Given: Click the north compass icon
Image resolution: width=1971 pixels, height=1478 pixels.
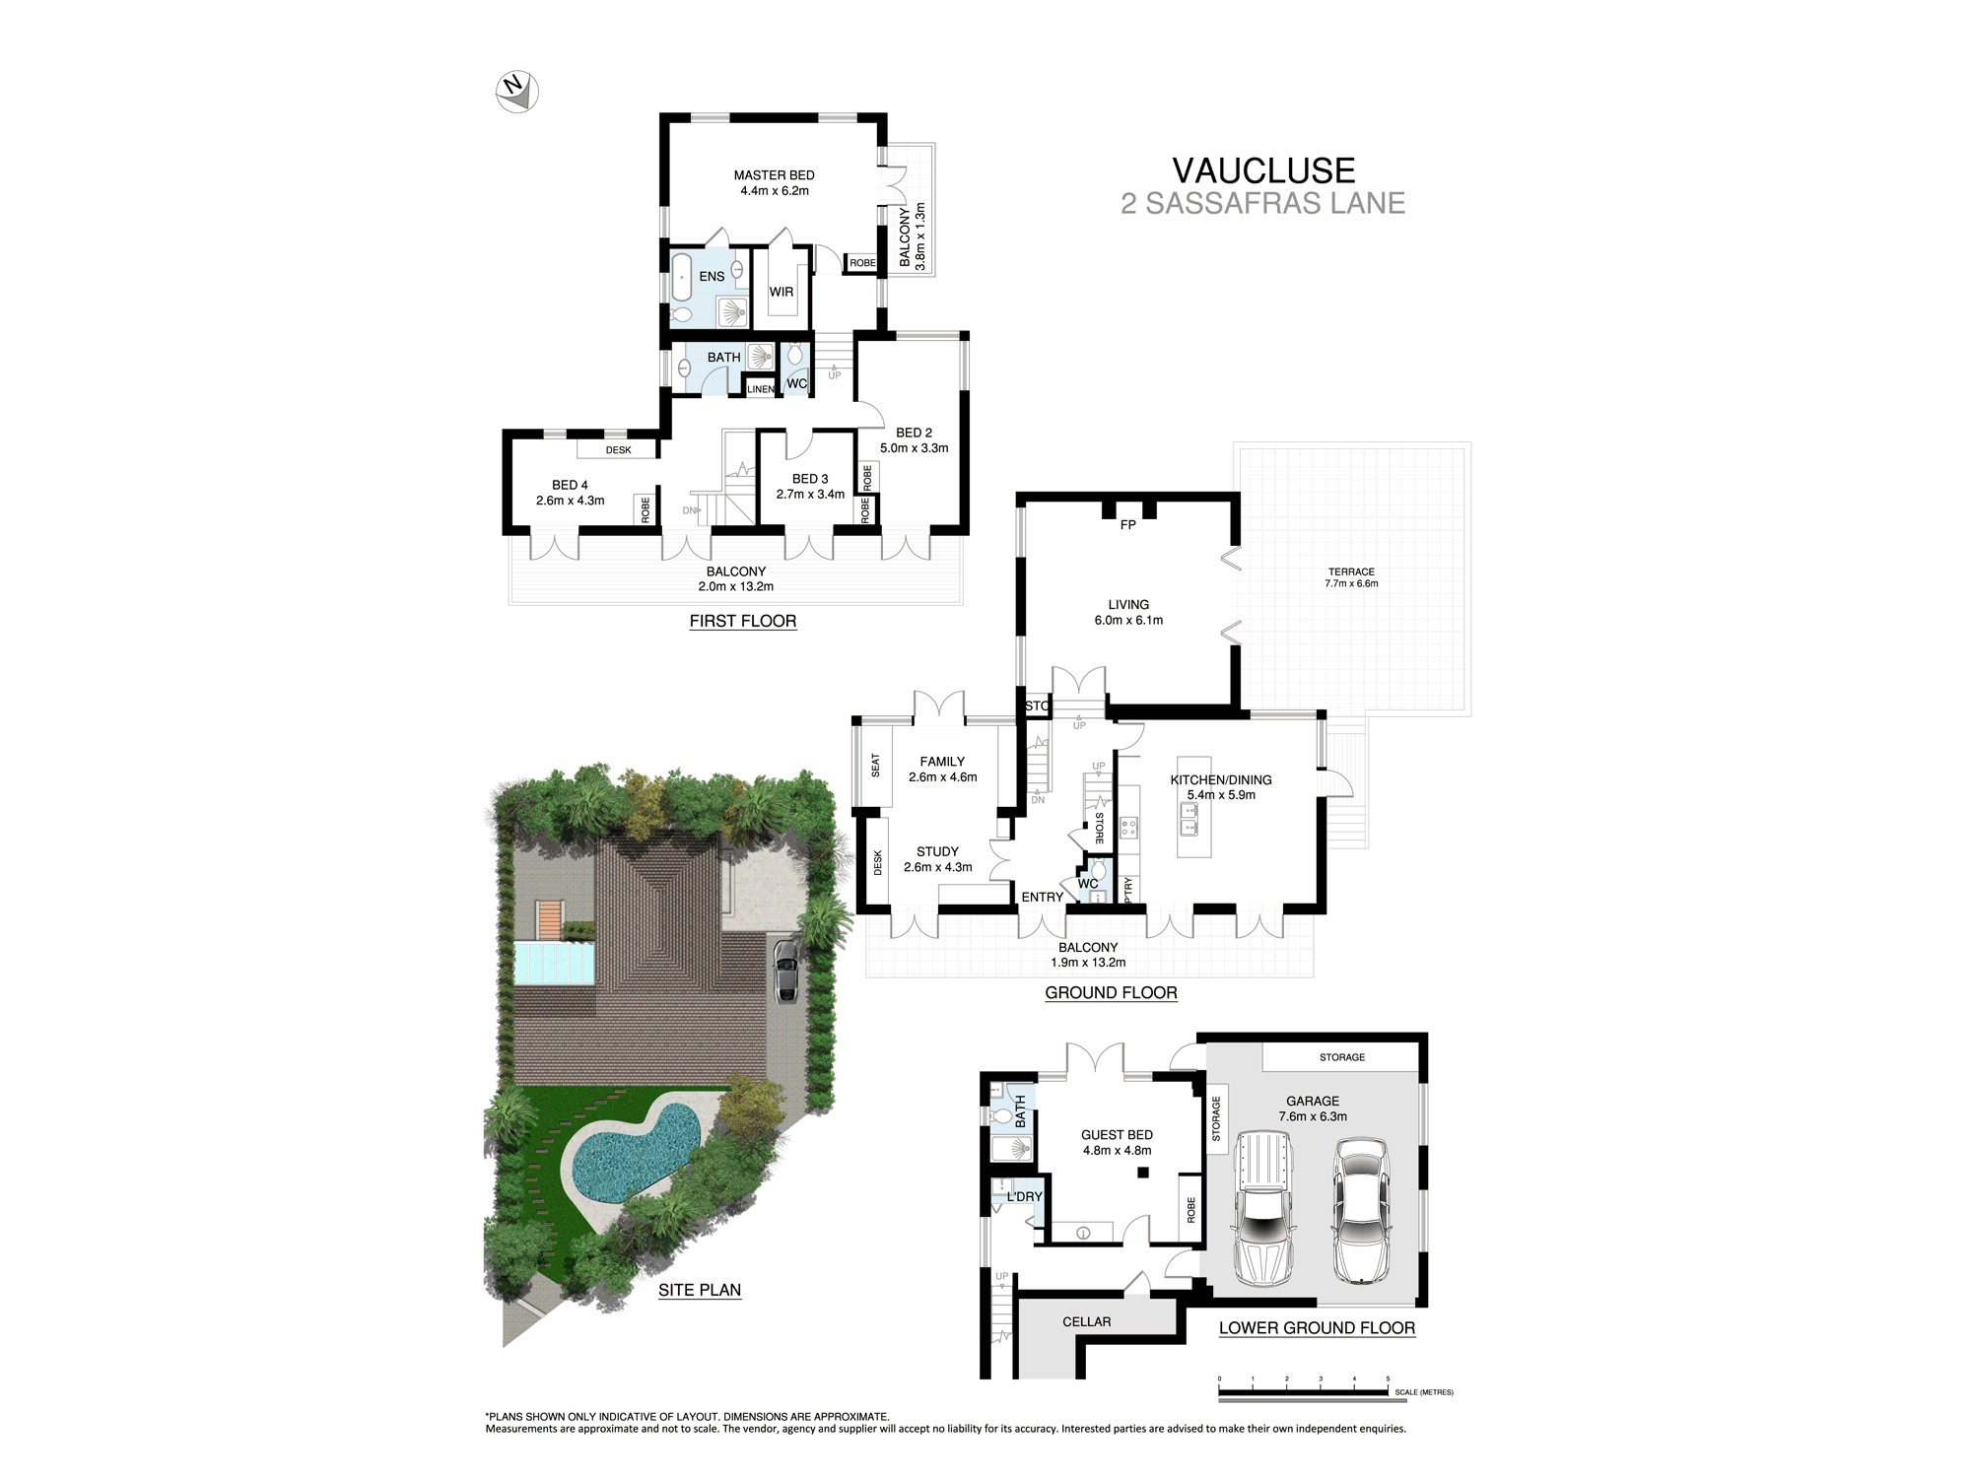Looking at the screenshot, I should (x=517, y=92).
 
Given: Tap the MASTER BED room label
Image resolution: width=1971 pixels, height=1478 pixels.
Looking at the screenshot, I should (x=774, y=175).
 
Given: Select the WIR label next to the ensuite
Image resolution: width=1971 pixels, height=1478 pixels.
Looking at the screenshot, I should (x=782, y=292).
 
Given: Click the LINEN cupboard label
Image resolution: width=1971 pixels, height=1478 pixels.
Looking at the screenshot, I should (x=760, y=389).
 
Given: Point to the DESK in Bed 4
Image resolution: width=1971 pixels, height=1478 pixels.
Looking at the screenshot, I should (x=618, y=450).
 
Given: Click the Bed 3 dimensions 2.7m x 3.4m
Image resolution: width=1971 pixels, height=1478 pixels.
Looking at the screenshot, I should (x=810, y=495).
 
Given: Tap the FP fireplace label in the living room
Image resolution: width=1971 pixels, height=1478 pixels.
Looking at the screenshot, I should (x=1127, y=525).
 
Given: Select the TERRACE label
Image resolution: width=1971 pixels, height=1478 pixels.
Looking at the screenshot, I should (x=1351, y=571).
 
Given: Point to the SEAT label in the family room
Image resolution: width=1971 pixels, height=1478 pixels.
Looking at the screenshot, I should (x=875, y=766).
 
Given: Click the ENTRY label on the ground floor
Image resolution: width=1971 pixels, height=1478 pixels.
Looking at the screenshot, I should (x=1042, y=897).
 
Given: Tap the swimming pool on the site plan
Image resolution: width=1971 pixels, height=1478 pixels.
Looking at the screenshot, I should (x=631, y=1153).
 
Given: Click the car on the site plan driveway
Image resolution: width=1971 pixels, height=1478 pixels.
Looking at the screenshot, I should (x=785, y=972).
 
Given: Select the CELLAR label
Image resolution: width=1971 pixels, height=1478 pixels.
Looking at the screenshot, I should (x=1086, y=1322).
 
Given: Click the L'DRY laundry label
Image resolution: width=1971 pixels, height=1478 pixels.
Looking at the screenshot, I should (x=1024, y=1196).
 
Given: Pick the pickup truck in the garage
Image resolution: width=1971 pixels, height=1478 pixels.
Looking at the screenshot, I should (x=1260, y=1209).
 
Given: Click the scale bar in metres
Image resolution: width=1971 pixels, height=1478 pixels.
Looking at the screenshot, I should (x=1304, y=1393).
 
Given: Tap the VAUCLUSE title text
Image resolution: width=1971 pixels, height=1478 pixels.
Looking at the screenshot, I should (x=1263, y=170).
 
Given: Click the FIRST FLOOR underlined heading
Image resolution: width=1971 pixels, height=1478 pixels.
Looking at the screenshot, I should (x=742, y=621).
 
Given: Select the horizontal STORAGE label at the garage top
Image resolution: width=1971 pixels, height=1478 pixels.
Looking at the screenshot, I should (x=1341, y=1057).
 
